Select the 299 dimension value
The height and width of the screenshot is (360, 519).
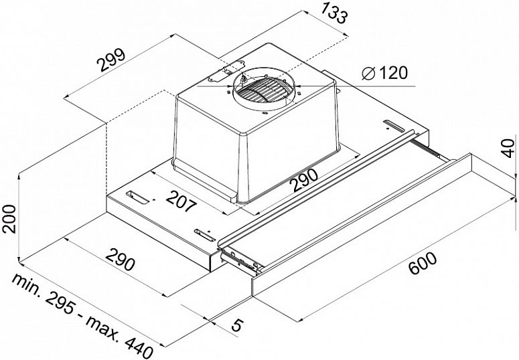pyautogui.click(x=113, y=60)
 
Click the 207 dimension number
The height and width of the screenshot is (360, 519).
pyautogui.click(x=181, y=202)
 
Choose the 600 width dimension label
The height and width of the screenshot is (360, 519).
pyautogui.click(x=423, y=264)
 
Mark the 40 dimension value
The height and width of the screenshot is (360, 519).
pyautogui.click(x=508, y=149)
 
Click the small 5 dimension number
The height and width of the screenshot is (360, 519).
pyautogui.click(x=236, y=325)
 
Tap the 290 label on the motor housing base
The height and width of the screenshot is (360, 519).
pyautogui.click(x=305, y=180)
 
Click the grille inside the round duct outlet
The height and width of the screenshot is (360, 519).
pyautogui.click(x=263, y=90)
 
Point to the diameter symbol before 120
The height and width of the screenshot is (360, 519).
pyautogui.click(x=368, y=73)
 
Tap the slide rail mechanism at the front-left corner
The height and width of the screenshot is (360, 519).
pyautogui.click(x=240, y=260)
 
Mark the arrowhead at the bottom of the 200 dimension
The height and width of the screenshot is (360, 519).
pyautogui.click(x=19, y=258)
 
